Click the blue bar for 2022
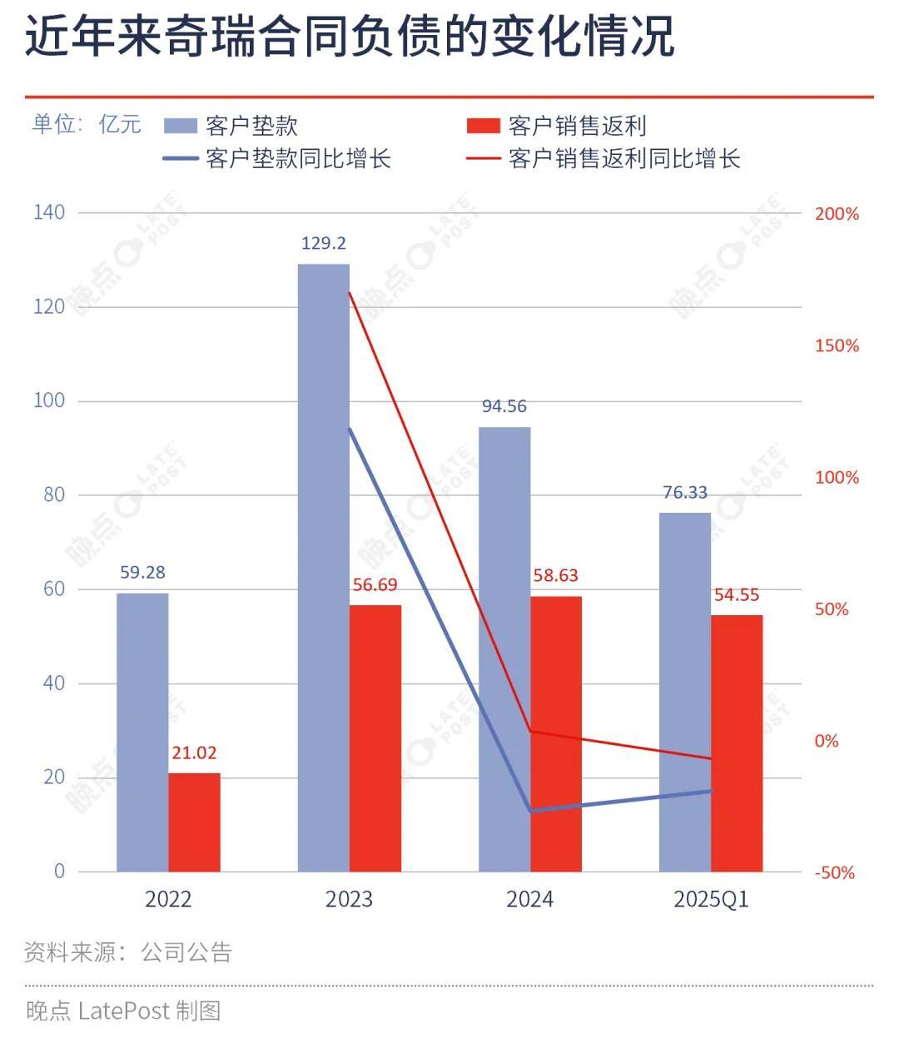click(142, 732)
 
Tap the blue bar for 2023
click(324, 567)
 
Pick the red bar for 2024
click(556, 733)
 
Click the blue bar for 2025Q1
click(685, 692)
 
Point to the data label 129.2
click(324, 244)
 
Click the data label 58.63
click(554, 575)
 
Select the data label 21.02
click(194, 752)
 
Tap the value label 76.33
click(685, 493)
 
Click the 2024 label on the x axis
click(529, 899)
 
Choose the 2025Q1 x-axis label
click(711, 899)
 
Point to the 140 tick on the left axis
click(49, 212)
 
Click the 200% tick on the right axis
click(836, 214)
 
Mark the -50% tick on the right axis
click(834, 872)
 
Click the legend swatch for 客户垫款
click(180, 127)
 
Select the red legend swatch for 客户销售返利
click(482, 127)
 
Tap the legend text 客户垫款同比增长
click(298, 158)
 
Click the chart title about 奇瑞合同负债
click(350, 37)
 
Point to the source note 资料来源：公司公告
click(128, 951)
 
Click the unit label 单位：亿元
click(87, 125)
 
